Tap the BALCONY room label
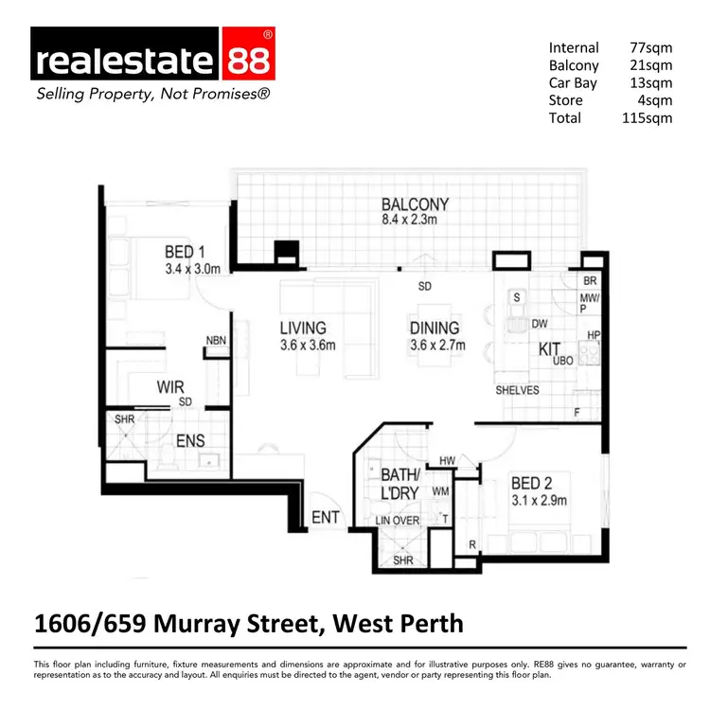(415, 204)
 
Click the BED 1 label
(185, 252)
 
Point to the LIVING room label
(303, 328)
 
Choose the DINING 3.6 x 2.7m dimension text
(437, 346)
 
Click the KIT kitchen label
(551, 349)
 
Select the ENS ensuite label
(190, 440)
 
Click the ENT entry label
(325, 518)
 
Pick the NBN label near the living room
(216, 341)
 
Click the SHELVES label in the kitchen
(517, 390)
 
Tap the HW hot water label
(447, 461)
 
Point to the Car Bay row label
(571, 83)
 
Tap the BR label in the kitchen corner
(590, 281)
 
